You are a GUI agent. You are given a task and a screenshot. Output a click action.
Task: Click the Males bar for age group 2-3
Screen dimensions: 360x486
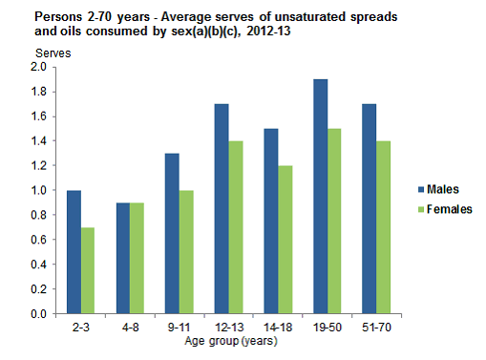74,252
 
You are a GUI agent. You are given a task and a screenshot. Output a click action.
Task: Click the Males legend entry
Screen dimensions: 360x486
440,189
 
